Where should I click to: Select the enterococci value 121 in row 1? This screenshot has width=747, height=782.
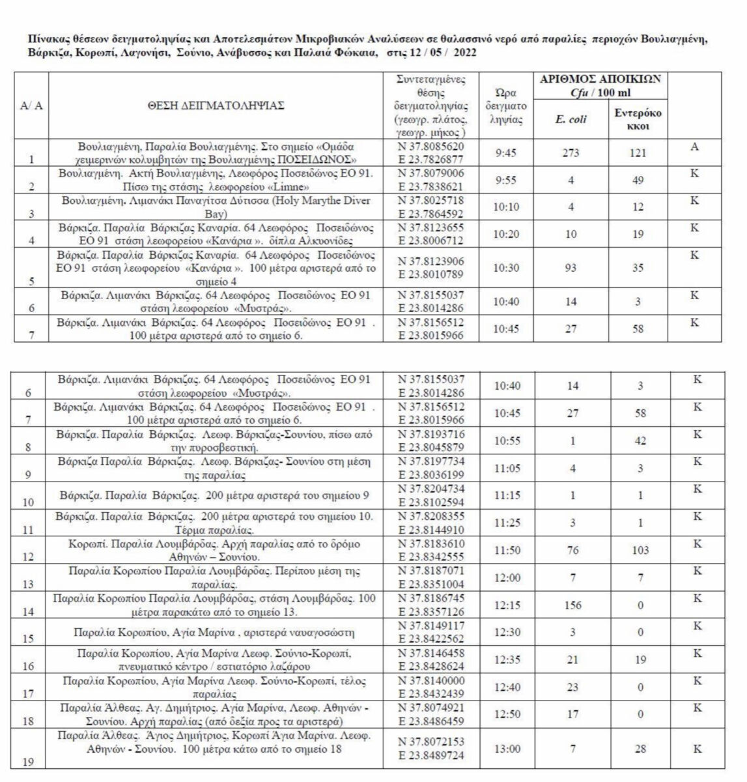(638, 152)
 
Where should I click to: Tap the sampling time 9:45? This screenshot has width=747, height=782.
(507, 152)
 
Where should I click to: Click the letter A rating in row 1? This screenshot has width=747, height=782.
(695, 147)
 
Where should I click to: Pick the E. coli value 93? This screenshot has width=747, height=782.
(571, 267)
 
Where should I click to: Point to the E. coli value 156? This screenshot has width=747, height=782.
(573, 605)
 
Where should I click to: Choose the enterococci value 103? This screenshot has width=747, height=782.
(640, 551)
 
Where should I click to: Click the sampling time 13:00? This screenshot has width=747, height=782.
(507, 749)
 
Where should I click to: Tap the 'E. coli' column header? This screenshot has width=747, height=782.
(571, 119)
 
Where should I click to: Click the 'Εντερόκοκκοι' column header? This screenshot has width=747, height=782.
(638, 119)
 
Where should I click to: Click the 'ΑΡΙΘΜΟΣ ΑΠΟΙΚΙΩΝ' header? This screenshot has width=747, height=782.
(600, 79)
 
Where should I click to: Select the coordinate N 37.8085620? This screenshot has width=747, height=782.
(432, 146)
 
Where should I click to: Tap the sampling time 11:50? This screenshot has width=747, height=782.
(507, 551)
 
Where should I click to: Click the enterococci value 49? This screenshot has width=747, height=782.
(638, 181)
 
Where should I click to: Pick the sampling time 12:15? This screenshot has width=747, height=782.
(507, 605)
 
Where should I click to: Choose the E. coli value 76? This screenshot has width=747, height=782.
(573, 551)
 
